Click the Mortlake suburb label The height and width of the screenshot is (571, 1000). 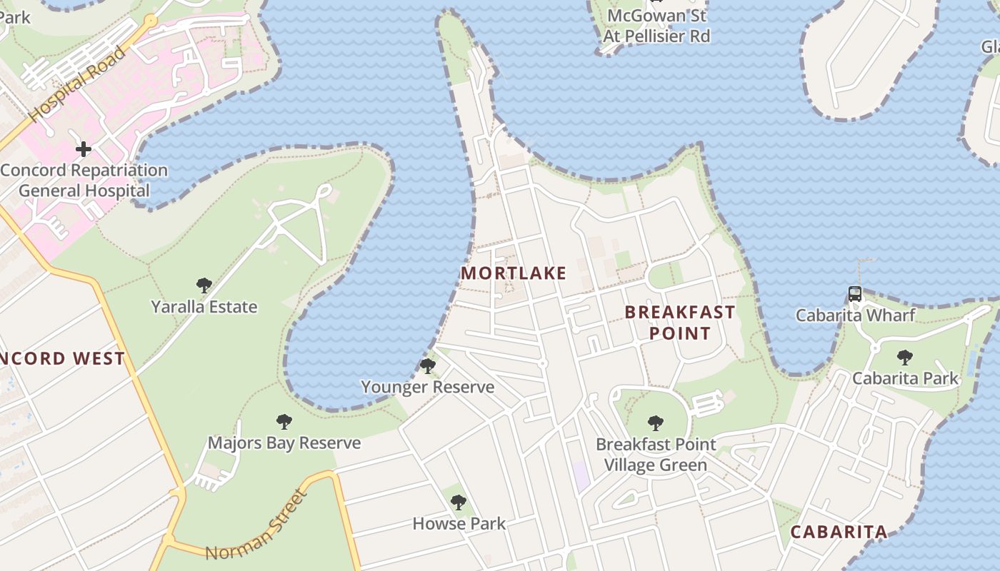514,273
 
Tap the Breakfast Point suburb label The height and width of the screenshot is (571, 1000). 679,323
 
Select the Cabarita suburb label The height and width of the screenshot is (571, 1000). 839,532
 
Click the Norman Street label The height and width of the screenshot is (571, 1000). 259,525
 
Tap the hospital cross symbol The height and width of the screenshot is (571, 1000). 84,149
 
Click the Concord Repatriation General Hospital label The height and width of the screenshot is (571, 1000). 84,181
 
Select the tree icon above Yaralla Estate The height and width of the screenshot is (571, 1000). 204,286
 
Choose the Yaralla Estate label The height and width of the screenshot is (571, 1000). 204,307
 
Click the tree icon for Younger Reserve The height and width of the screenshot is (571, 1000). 428,366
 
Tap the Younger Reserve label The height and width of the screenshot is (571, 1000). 428,387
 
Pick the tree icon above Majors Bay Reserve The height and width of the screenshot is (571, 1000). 284,422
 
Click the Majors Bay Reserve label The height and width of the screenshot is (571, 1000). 284,443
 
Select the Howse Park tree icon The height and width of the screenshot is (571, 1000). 459,502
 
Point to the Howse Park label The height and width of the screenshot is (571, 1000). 459,524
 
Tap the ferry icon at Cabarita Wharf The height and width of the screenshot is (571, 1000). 855,293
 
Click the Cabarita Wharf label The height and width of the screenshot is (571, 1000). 856,315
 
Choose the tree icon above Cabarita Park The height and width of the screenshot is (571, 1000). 905,357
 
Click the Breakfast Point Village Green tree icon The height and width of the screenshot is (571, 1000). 656,423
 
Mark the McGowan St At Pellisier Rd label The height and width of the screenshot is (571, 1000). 656,26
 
